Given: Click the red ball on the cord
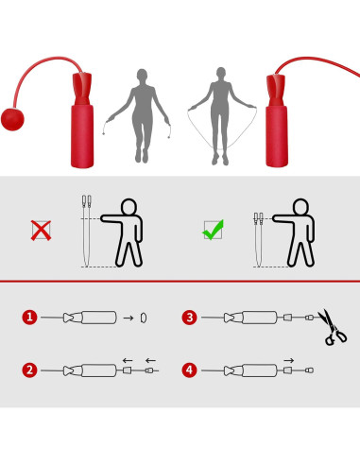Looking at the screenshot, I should pos(16,119).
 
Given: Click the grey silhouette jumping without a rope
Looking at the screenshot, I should pos(140,112).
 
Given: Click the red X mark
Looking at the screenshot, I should pos(42,230).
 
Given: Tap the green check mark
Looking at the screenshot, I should pos(214,230).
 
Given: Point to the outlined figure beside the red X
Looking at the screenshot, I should pos(123,231).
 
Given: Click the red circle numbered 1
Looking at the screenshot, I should pos(30,318).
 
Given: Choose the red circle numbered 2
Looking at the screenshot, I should pos(30,370).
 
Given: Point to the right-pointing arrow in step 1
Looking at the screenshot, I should pos(128,318).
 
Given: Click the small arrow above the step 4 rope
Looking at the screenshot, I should pos(288,359).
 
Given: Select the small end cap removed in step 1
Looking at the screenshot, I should pos(144,318).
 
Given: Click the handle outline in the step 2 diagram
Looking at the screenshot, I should pos(97,370).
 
